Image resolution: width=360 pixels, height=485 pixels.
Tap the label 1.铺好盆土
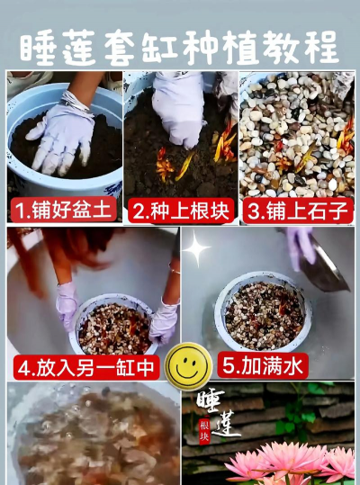click(63, 212)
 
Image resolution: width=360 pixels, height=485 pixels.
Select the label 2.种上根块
click(180, 212)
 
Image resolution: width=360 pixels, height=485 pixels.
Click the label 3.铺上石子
click(297, 212)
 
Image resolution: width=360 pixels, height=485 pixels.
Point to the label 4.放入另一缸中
click(86, 367)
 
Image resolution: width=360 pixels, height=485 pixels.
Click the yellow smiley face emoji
click(189, 364)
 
